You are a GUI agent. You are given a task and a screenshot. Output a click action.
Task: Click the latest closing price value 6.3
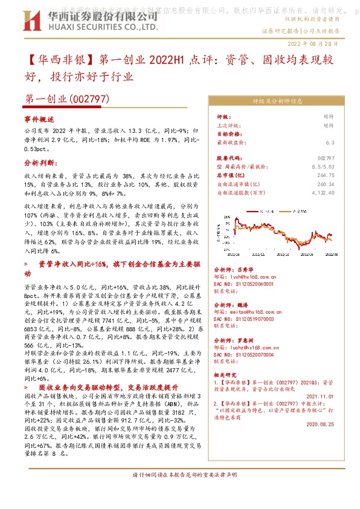(x=329, y=143)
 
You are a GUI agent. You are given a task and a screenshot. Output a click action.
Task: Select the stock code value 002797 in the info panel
(x=324, y=158)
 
